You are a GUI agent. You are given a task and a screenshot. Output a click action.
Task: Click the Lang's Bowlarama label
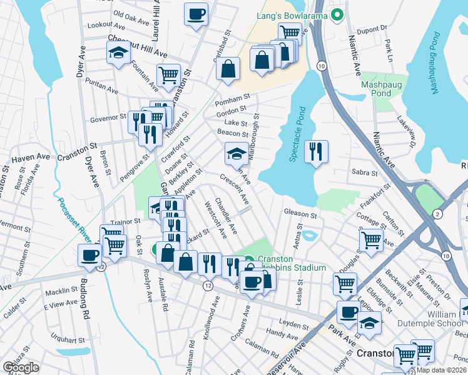(293, 15)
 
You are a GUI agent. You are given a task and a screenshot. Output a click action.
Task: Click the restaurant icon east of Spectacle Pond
(316, 151)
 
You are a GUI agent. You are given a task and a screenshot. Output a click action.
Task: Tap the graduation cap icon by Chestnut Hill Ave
(118, 54)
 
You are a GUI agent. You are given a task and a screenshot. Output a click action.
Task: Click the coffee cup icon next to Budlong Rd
(90, 255)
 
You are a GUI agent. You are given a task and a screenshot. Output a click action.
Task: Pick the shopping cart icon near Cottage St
(371, 239)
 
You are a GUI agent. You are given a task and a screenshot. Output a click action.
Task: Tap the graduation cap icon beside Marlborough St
(236, 154)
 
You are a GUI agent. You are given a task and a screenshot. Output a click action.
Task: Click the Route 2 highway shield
(437, 214)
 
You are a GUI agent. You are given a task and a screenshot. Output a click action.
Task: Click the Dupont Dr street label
(368, 30)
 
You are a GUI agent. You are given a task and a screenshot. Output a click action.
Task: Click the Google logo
(21, 367)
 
